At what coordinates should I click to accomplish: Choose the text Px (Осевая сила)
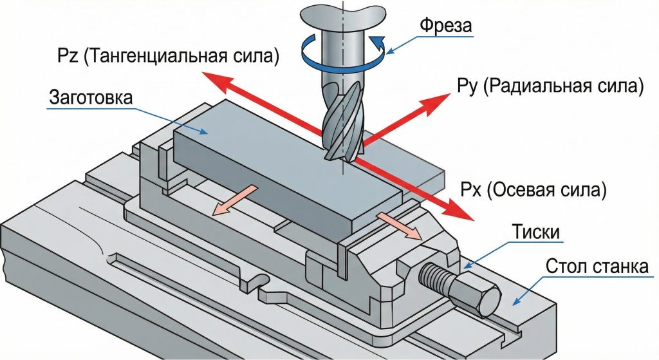tap(534, 191)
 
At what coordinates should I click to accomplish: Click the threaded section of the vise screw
tap(436, 278)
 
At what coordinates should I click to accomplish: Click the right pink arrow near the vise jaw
tap(400, 225)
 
